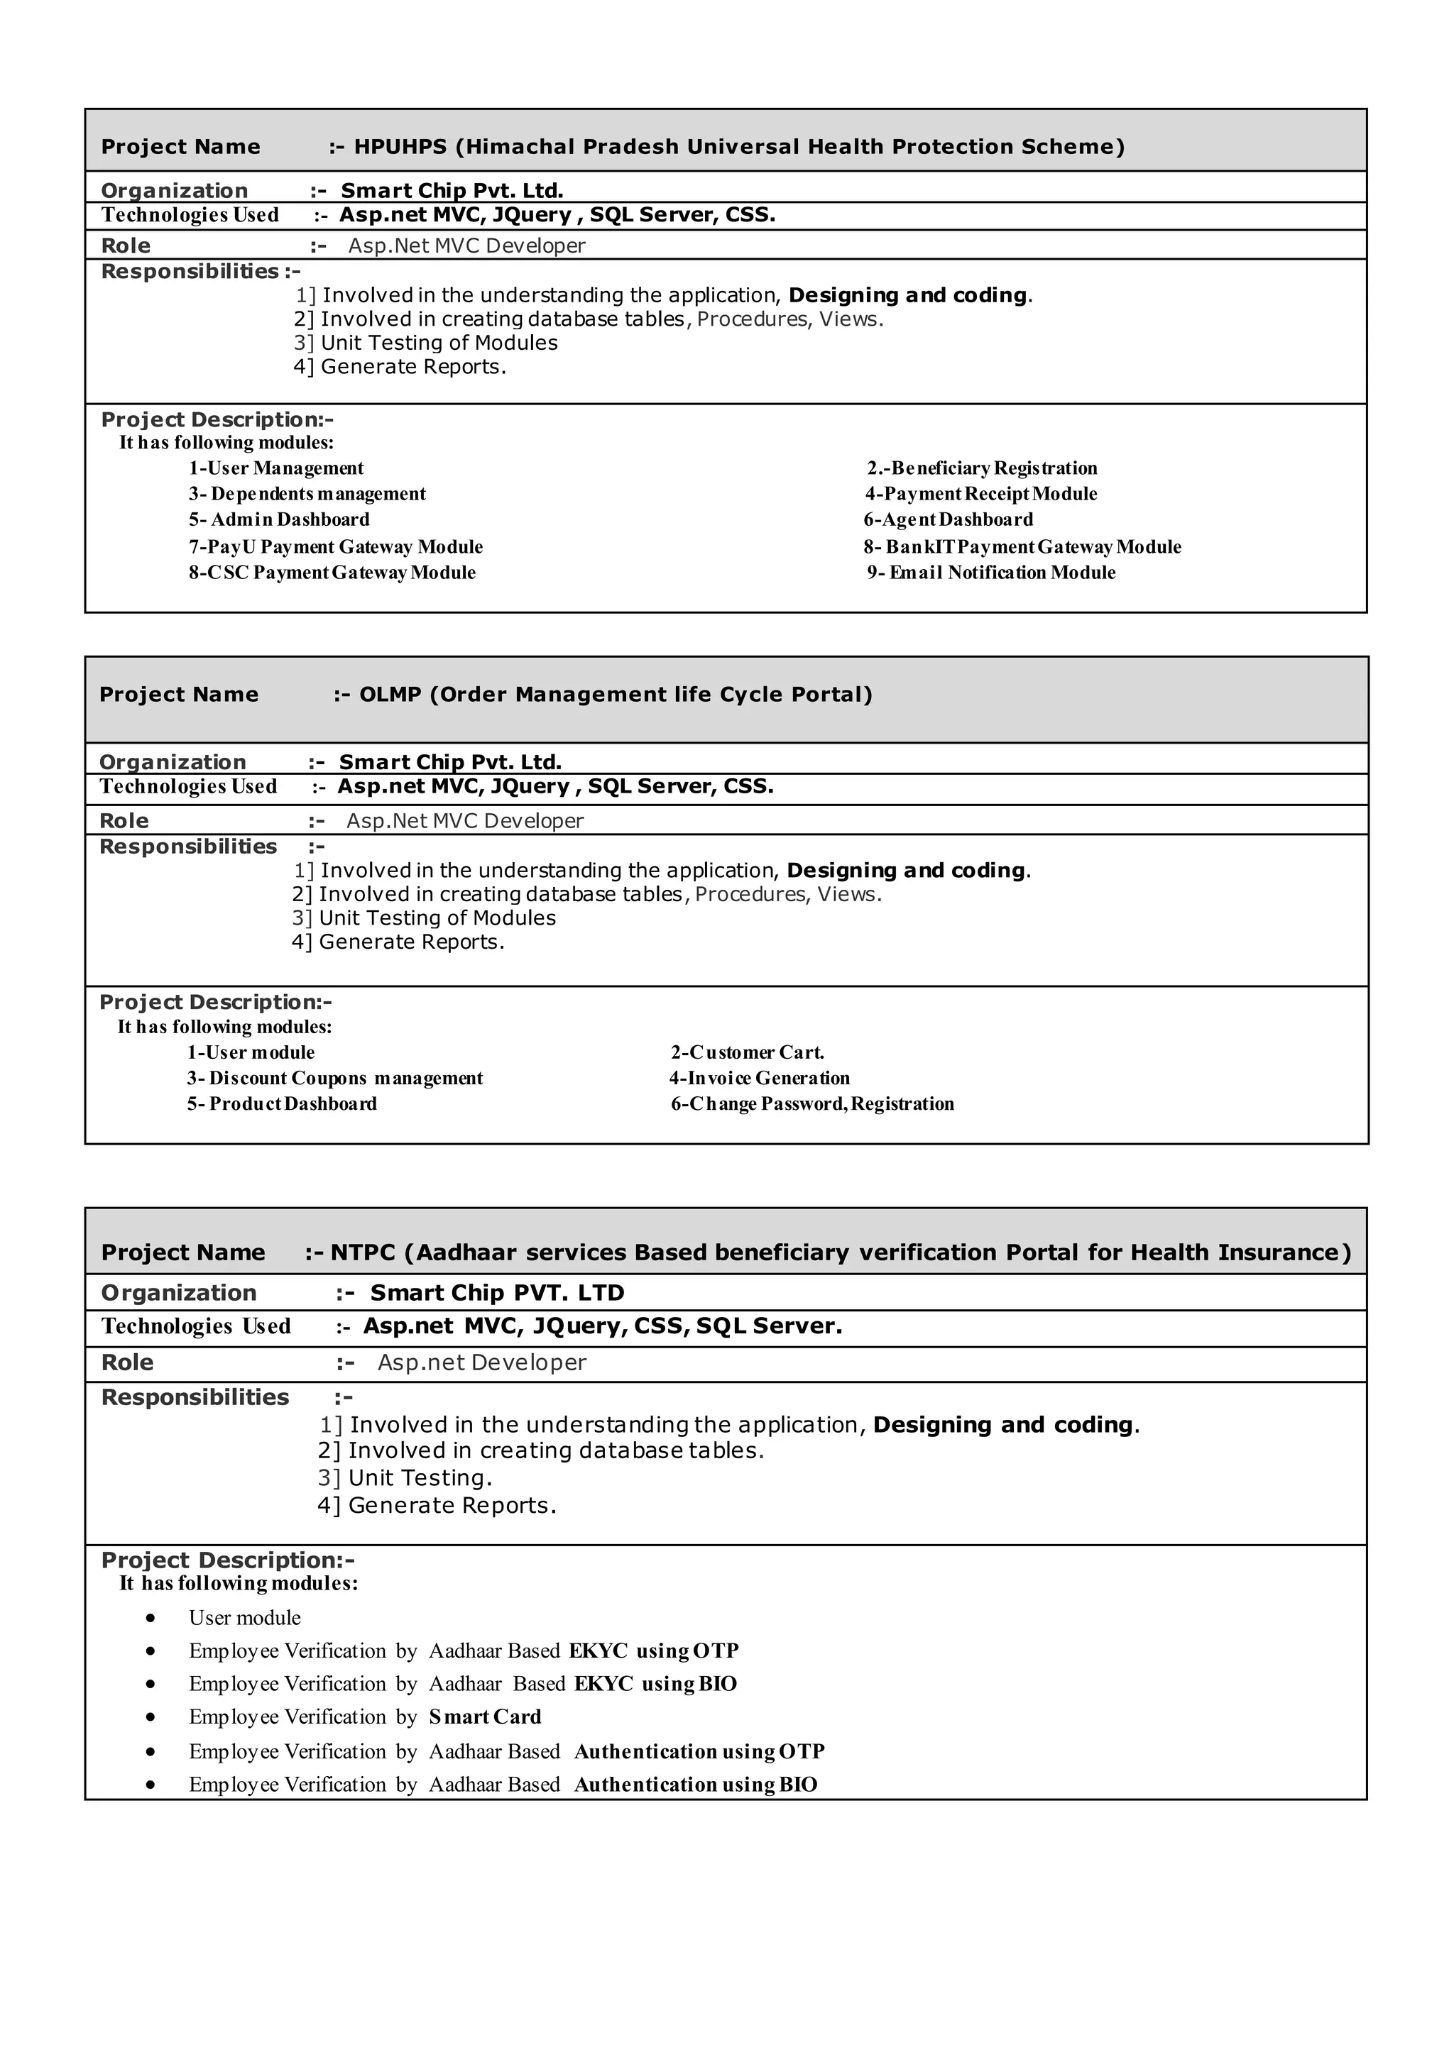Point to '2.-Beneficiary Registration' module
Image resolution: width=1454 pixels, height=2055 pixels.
point(981,468)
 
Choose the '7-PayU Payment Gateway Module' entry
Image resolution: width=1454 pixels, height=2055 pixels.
point(336,547)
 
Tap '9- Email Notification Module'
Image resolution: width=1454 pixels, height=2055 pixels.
point(991,573)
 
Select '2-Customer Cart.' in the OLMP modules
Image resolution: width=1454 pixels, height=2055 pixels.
point(748,1052)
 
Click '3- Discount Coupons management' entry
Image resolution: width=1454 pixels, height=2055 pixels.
point(335,1079)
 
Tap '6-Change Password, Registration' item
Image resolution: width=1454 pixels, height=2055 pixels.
point(812,1103)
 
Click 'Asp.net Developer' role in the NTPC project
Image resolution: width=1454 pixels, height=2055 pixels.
point(481,1362)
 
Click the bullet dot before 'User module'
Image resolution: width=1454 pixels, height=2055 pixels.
point(151,1618)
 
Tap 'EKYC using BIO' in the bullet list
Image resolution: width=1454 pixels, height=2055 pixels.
point(655,1684)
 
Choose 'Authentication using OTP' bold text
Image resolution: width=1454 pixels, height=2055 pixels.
point(699,1751)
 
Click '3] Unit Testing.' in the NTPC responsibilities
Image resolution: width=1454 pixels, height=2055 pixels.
point(405,1477)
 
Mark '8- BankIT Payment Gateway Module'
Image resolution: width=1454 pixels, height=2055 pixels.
point(1022,547)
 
